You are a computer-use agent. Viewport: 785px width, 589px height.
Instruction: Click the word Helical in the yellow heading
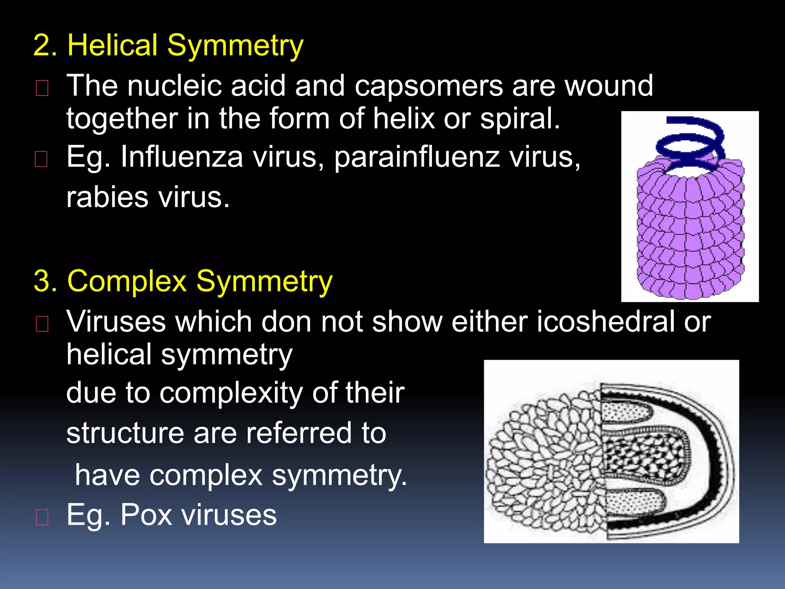[112, 45]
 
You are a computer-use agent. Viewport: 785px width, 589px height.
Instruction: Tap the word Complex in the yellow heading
[127, 281]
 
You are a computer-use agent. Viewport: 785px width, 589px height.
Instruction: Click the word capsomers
[428, 86]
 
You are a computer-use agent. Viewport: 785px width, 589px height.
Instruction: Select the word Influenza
[181, 157]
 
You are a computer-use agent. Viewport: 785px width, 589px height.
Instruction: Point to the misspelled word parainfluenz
[417, 158]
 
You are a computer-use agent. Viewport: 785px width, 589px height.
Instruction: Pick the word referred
[299, 433]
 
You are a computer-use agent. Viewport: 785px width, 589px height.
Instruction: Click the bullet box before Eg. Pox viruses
[42, 517]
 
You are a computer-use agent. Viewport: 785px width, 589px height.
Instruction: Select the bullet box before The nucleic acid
[42, 88]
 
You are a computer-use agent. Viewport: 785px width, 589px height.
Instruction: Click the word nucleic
[174, 86]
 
